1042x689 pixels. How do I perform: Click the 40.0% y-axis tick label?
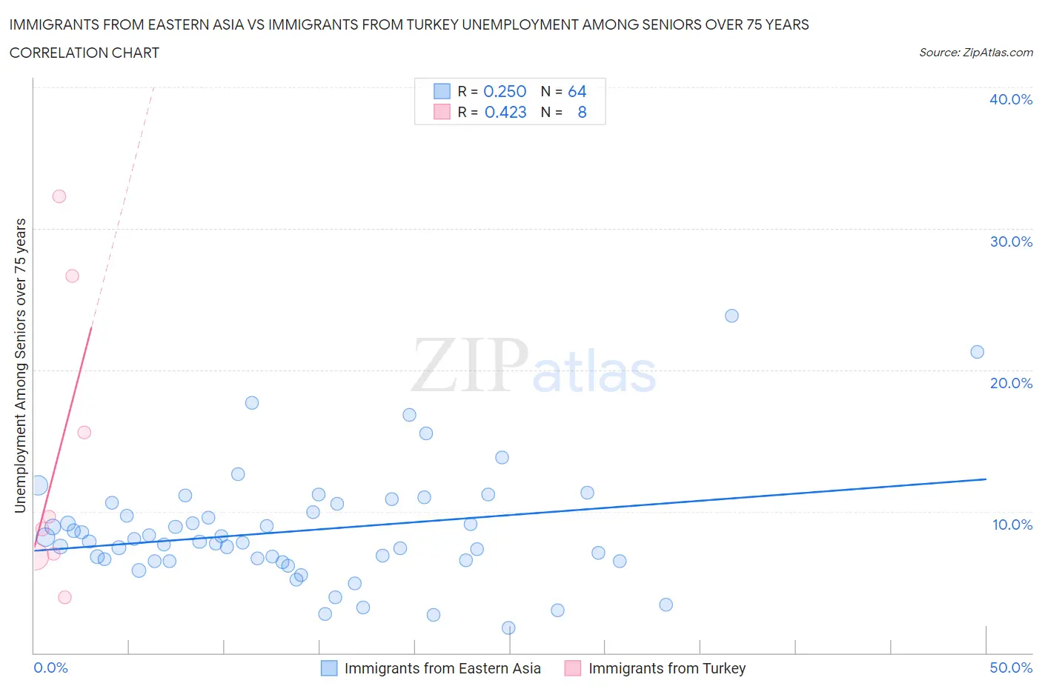pos(1010,99)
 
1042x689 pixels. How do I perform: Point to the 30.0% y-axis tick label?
pos(1010,242)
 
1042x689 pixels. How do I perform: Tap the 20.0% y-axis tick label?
pos(1010,383)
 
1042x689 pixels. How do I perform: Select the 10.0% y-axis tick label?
pos(1012,525)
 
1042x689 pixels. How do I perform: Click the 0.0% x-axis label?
pos(50,668)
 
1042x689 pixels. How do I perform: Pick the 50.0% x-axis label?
pos(1010,668)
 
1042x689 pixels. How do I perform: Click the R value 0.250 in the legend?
pos(505,91)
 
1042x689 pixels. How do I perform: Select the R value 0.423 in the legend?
pos(505,112)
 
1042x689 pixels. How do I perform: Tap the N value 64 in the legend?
pos(577,91)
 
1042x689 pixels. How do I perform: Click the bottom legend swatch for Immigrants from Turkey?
pos(572,668)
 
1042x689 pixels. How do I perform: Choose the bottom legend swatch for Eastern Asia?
pos(328,668)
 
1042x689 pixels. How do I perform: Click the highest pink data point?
pos(59,196)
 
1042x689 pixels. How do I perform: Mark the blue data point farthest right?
pos(977,352)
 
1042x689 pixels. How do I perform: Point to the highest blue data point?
pos(731,316)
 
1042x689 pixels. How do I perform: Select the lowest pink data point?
pos(64,597)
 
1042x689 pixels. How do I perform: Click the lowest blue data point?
pos(508,628)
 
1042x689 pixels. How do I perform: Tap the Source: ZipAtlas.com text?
pos(975,53)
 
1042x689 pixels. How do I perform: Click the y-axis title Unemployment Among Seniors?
pos(20,365)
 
